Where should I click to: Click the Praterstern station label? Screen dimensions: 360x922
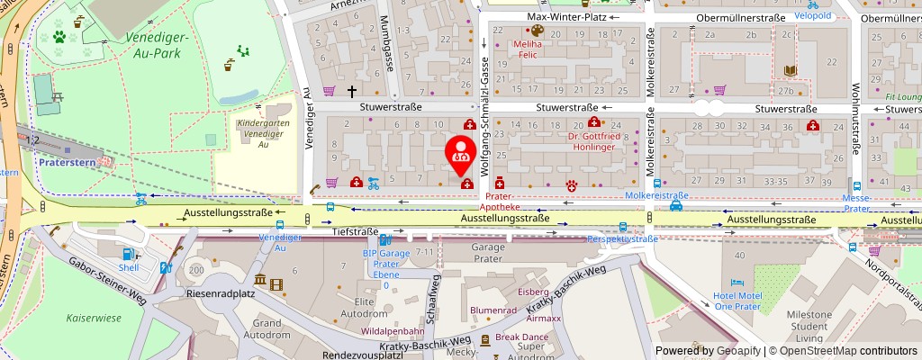pos(67,162)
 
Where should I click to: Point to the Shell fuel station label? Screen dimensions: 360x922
pos(130,267)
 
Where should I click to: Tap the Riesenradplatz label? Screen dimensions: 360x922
pos(221,293)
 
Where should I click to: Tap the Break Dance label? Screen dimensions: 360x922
pos(520,337)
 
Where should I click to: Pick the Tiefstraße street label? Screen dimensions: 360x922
pos(356,231)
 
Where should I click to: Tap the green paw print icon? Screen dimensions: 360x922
pos(59,37)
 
